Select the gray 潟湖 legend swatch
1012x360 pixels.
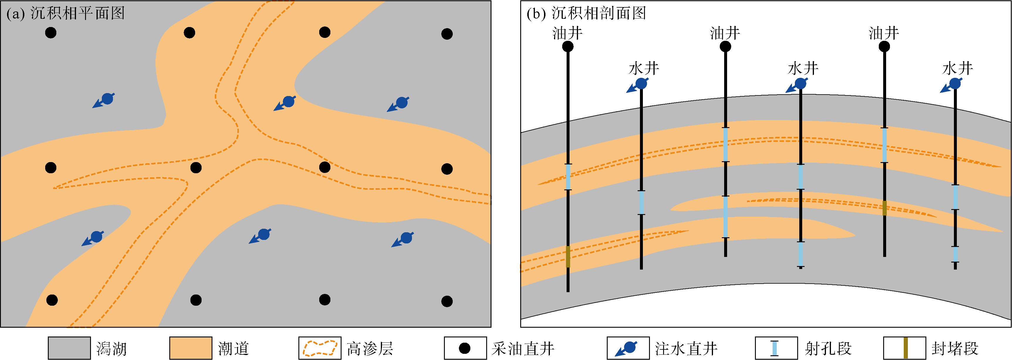(x=69, y=348)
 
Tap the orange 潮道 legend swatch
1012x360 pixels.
(x=190, y=348)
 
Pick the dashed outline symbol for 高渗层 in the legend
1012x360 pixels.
(x=320, y=348)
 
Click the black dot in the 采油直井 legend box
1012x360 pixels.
(x=465, y=348)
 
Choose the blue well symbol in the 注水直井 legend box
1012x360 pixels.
(x=627, y=348)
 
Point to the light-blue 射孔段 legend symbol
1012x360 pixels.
(x=774, y=348)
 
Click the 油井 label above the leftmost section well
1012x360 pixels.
(x=567, y=33)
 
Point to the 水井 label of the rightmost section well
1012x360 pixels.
(x=957, y=69)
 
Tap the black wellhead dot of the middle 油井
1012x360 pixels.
(x=725, y=47)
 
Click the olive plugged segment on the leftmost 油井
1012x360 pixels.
(x=568, y=257)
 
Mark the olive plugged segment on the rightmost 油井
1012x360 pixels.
(x=884, y=208)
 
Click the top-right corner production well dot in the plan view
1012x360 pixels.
(x=447, y=34)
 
